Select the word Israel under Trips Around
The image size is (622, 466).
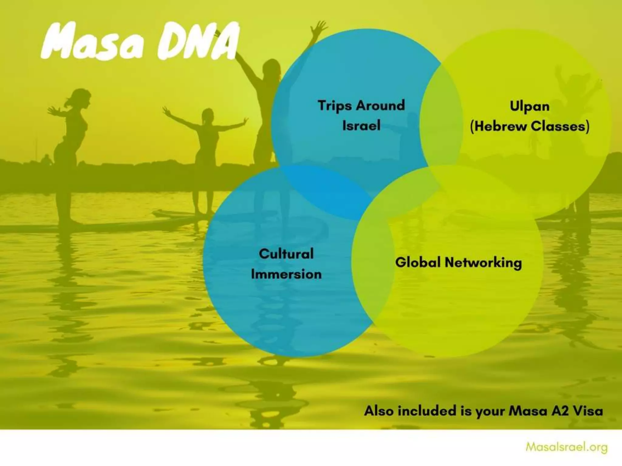point(361,126)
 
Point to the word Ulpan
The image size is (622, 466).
point(529,106)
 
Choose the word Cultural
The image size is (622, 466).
point(286,254)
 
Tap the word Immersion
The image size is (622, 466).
point(286,274)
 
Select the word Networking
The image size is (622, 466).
point(483,262)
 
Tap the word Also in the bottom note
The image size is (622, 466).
point(379,411)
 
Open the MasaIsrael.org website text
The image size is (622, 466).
point(567,447)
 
